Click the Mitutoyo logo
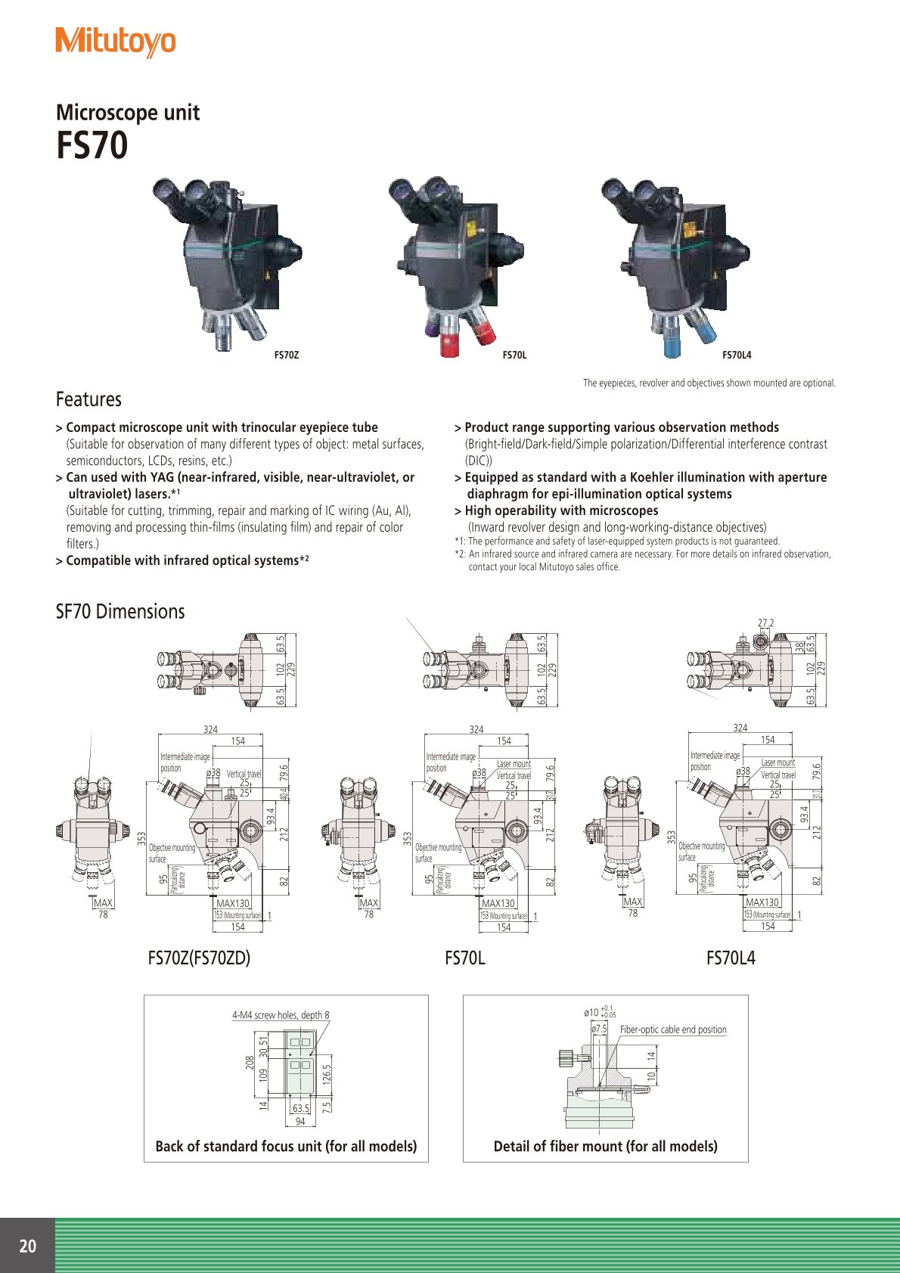tap(115, 42)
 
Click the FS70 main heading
tap(92, 145)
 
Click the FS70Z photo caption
tap(286, 355)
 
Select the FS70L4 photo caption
tap(736, 355)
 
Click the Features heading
tap(88, 399)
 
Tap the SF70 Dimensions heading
tap(119, 611)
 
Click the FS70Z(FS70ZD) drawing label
tap(199, 958)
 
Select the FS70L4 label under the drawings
tap(731, 958)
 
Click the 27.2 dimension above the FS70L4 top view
tap(765, 623)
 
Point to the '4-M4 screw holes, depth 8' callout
tap(281, 1015)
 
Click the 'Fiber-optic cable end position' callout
tap(673, 1029)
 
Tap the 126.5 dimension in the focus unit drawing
tap(327, 1073)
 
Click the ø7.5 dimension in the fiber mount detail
tap(599, 1029)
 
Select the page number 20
tap(27, 1246)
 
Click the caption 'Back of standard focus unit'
tap(286, 1146)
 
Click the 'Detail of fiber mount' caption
tap(605, 1146)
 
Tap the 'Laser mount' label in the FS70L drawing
tap(514, 764)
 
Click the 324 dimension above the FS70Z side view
tap(210, 730)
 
